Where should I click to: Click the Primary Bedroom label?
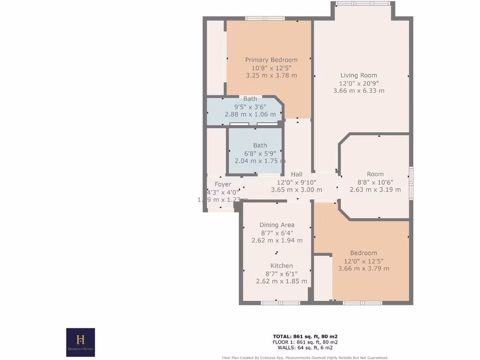pos(271,60)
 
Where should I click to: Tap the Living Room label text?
pos(359,75)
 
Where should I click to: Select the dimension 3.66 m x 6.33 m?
pos(359,90)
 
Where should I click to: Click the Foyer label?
pos(223,184)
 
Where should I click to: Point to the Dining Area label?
pos(277,225)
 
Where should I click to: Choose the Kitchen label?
pos(281,266)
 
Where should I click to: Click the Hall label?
pos(296,174)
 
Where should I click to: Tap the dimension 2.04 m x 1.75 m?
pos(260,161)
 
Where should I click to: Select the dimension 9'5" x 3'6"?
pos(250,106)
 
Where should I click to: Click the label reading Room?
pos(375,174)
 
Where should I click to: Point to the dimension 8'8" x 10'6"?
pos(375,182)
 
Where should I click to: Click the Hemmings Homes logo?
pos(81,342)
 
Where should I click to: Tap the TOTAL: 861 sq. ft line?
pos(305,337)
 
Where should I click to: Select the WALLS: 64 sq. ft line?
pos(305,348)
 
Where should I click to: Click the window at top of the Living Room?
pos(363,4)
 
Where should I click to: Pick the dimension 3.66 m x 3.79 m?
pos(363,269)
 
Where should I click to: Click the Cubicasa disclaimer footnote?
pos(305,357)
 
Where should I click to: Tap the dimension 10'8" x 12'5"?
pos(271,67)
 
